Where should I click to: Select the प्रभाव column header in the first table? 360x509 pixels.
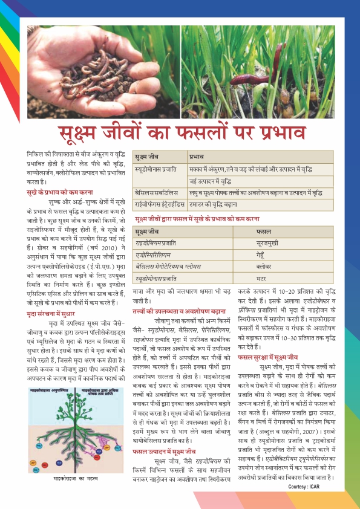coord(197,156)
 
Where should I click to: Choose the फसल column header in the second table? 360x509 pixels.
coord(263,232)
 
